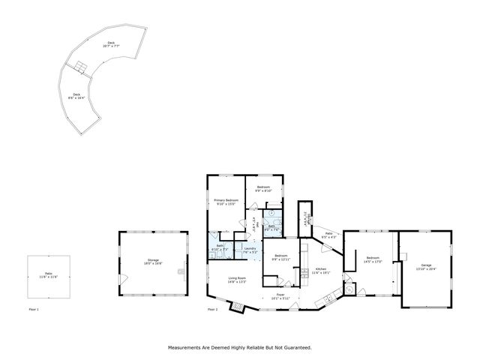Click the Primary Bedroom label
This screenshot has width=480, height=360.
226,201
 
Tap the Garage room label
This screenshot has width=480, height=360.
426,265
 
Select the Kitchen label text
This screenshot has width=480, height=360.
320,269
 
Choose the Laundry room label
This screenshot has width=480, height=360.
250,249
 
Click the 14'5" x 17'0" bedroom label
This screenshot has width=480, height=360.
373,259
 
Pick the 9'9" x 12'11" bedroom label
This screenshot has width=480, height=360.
281,258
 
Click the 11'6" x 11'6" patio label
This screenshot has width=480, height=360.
48,276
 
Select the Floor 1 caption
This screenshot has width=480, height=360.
33,309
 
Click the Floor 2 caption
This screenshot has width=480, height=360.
212,309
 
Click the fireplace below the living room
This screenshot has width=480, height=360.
238,305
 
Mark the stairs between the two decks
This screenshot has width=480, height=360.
78,69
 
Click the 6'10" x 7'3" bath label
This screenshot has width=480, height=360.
220,247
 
